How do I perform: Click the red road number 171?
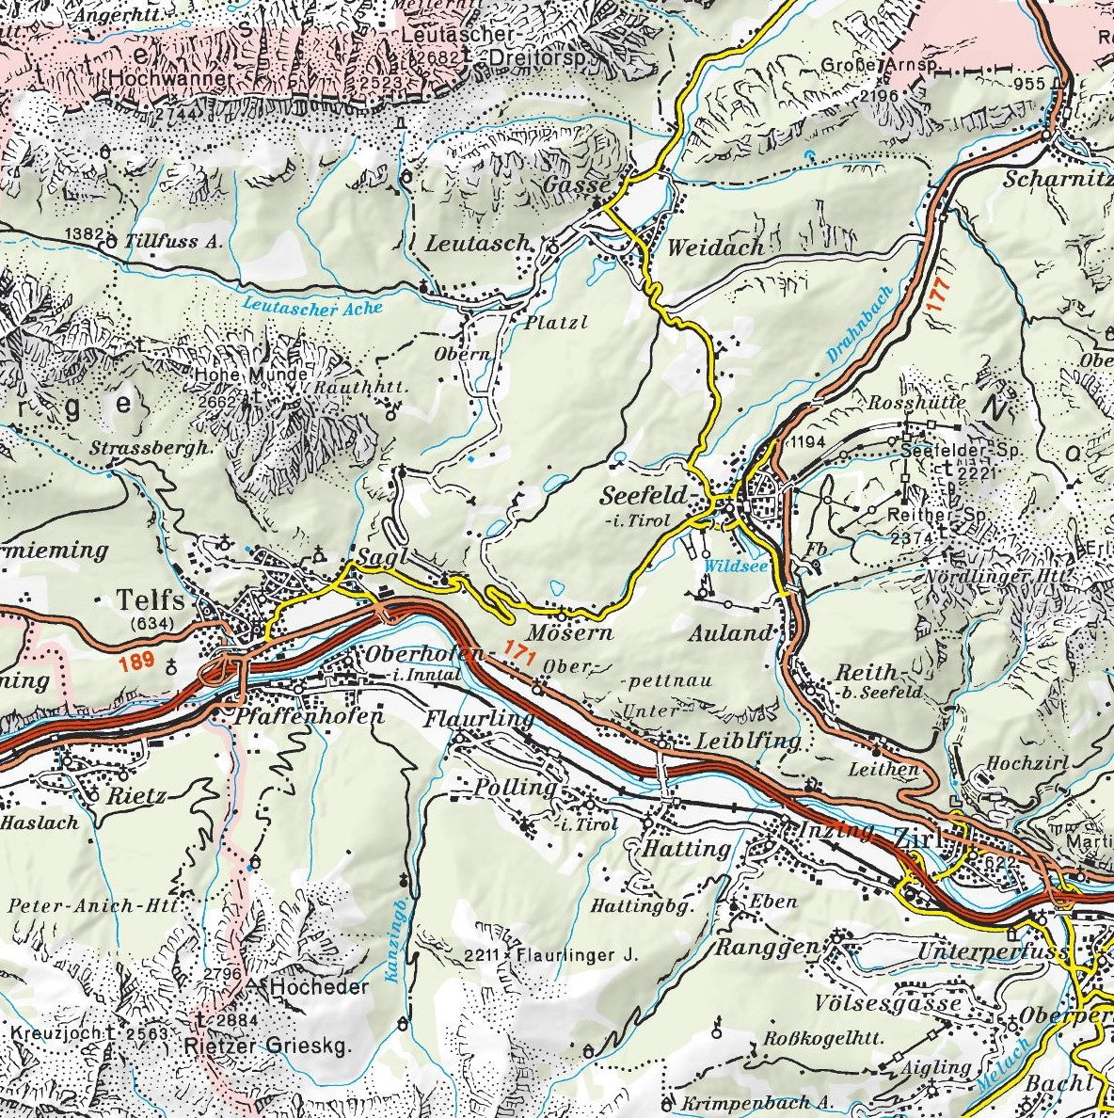click(x=517, y=648)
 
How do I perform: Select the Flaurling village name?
click(x=479, y=720)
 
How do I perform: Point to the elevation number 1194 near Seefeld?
click(x=809, y=441)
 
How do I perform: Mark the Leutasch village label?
click(x=478, y=243)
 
